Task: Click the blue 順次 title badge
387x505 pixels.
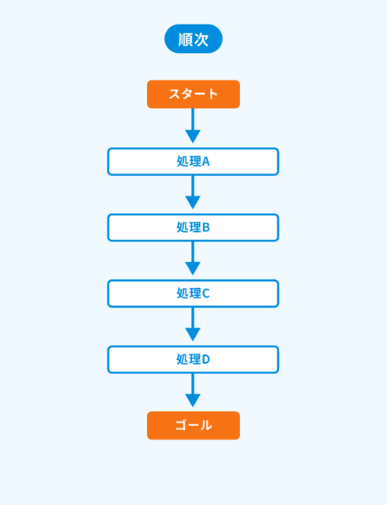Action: click(193, 39)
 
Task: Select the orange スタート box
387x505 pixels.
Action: click(193, 94)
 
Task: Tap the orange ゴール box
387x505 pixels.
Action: click(193, 425)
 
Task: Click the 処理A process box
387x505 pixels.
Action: click(193, 162)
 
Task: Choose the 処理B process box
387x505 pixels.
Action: click(193, 228)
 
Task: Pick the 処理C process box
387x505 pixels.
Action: click(193, 294)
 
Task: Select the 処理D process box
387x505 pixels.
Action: click(193, 360)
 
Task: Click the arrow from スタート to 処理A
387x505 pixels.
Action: click(193, 125)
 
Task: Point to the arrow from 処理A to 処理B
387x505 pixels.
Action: click(193, 193)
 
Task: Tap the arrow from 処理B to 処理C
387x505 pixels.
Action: click(193, 258)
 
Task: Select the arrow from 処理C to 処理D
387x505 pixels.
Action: click(193, 324)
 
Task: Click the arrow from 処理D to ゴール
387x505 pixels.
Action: click(193, 391)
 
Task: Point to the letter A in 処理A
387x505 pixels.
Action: click(206, 162)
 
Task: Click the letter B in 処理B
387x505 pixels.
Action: click(206, 228)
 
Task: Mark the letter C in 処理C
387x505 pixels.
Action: click(206, 294)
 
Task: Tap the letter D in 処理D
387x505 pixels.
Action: click(206, 360)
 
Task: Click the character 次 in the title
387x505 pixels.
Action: click(201, 39)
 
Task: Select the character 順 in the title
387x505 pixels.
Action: click(186, 39)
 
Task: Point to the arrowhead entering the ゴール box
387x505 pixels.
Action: click(193, 401)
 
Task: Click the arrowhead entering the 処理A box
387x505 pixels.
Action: click(193, 137)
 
